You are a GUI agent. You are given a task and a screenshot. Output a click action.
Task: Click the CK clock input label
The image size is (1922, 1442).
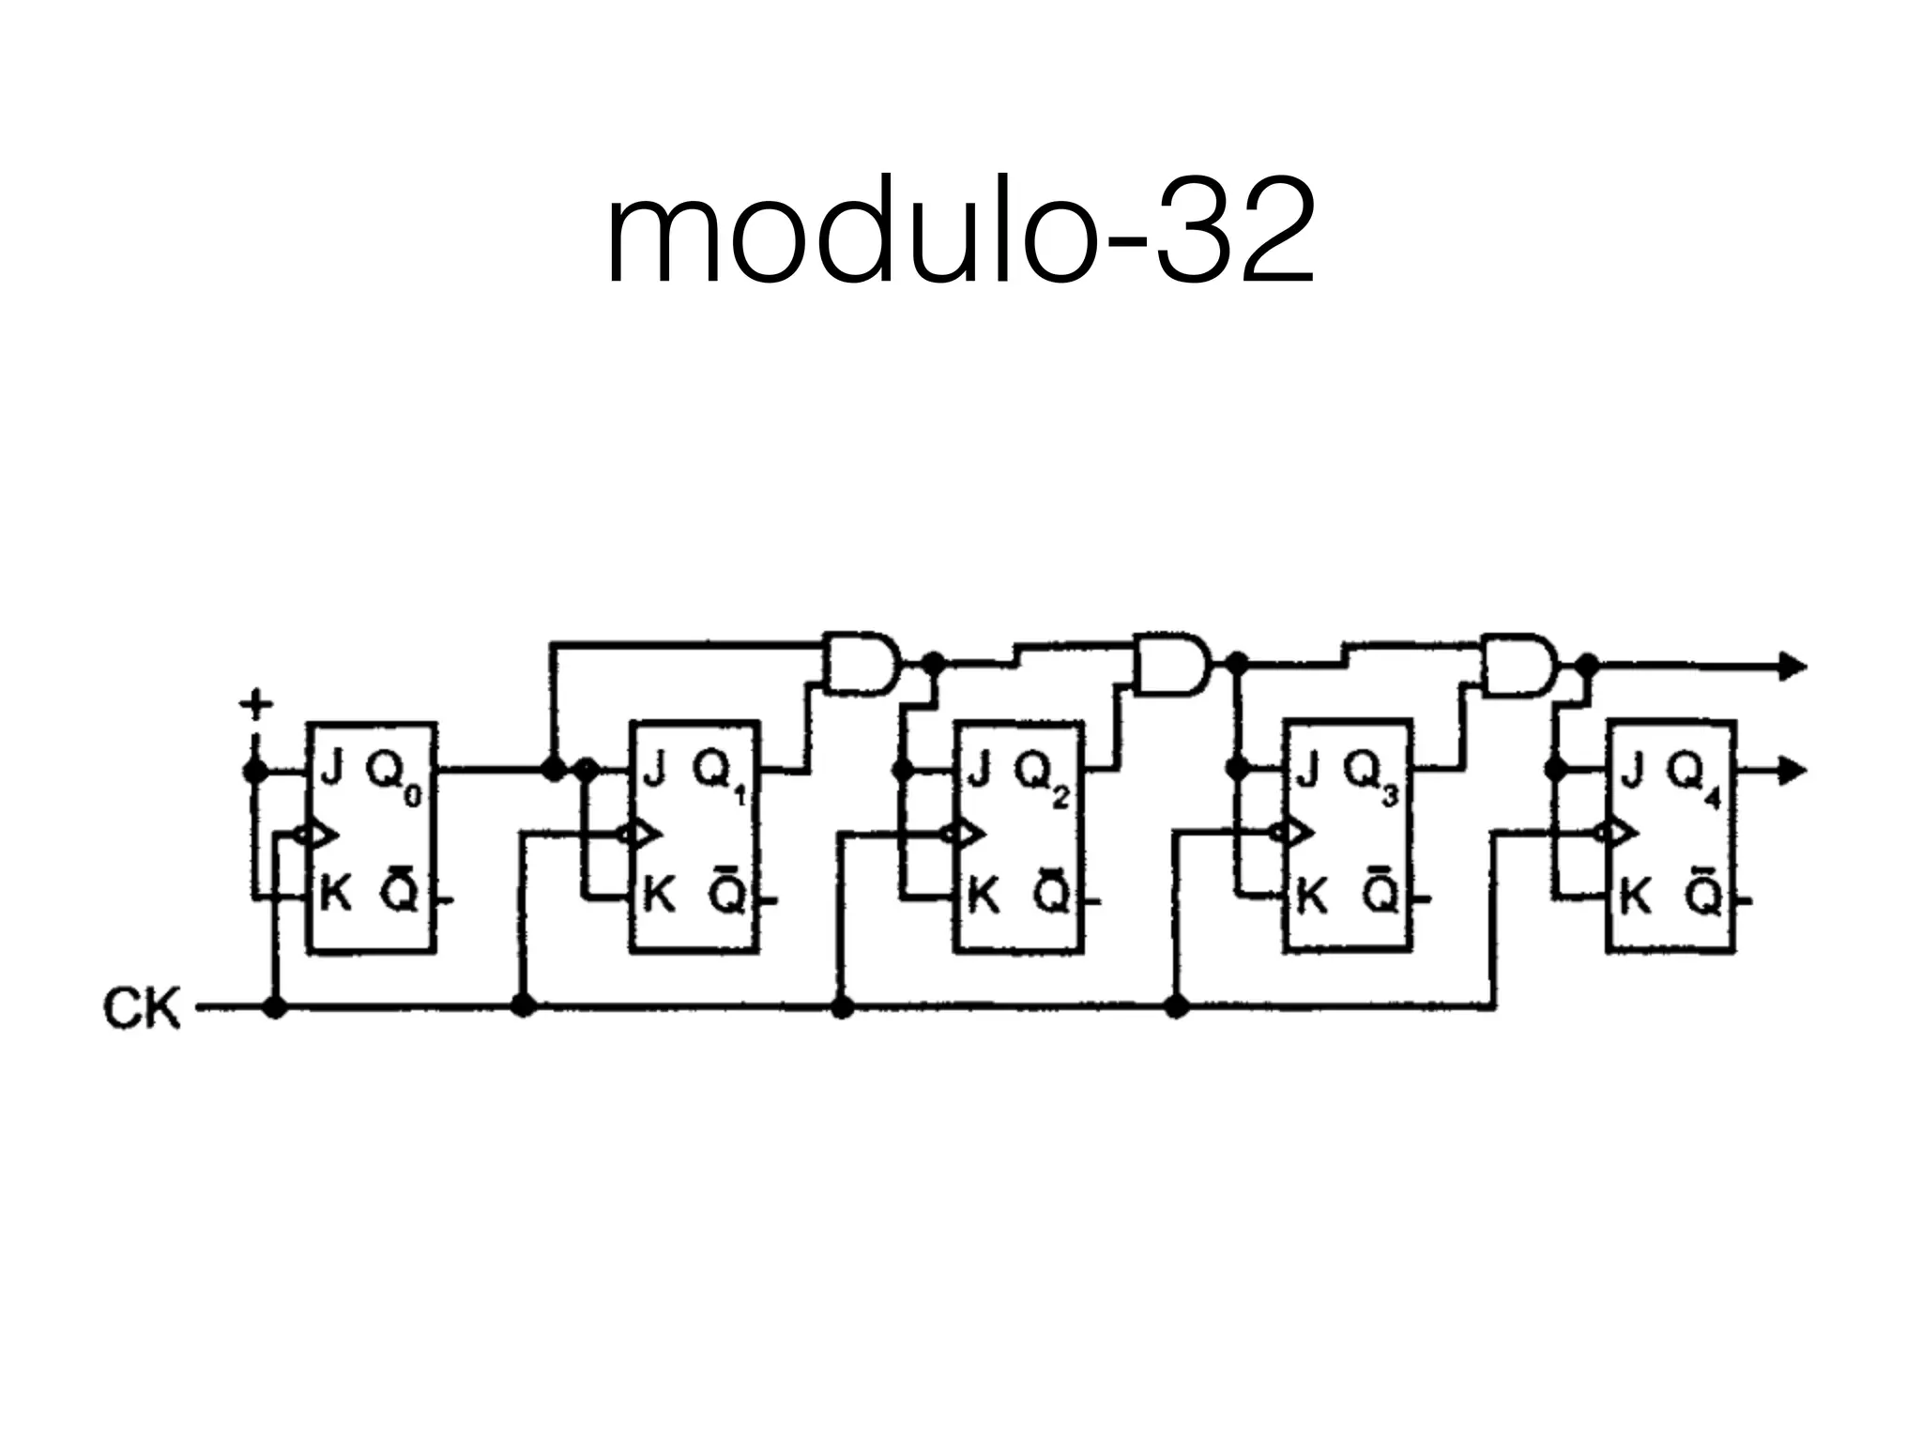point(141,1010)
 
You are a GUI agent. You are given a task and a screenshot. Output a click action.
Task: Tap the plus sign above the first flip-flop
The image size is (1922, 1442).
point(254,704)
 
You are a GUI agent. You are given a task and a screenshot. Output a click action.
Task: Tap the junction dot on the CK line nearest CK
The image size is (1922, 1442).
point(274,1007)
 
